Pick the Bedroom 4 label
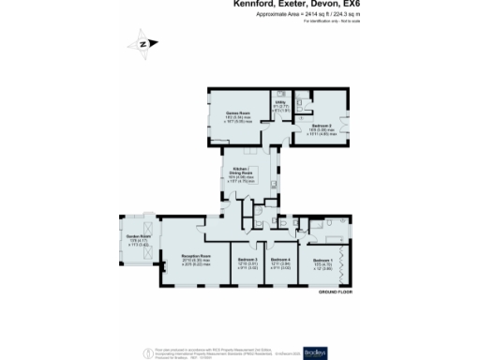click(281, 259)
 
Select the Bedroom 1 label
click(322, 259)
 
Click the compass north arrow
click(142, 43)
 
